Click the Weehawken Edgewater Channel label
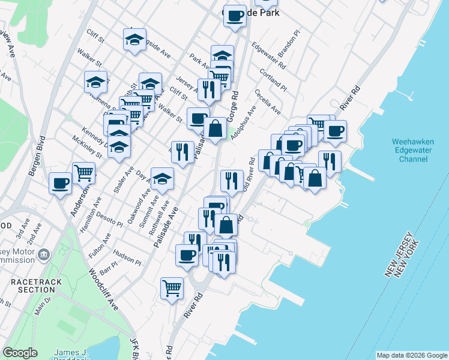413,150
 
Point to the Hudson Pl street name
127,257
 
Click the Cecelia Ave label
268,103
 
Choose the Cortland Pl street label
273,80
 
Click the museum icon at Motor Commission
44,255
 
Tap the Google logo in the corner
20,353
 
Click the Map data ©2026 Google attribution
412,355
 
